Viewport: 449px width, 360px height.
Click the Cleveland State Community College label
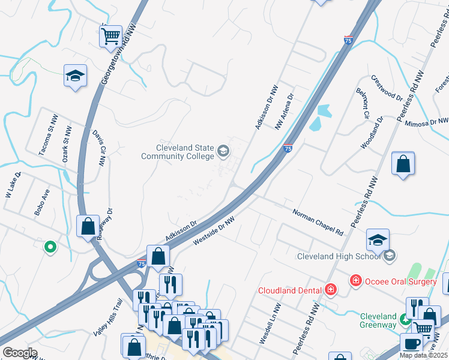177,152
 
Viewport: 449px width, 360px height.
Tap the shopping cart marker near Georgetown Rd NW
110,37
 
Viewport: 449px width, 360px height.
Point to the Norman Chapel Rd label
318,222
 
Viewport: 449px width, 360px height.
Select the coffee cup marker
412,344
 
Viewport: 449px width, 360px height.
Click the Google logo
19,353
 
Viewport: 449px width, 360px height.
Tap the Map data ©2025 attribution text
424,355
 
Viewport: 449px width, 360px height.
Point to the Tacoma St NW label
47,142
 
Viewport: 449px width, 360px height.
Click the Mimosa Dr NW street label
427,122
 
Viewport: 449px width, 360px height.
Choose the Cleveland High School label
339,257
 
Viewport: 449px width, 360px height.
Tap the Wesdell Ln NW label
267,328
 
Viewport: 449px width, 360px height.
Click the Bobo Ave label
42,203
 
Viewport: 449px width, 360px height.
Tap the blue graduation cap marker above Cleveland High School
378,239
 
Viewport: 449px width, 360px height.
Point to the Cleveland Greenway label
378,320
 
